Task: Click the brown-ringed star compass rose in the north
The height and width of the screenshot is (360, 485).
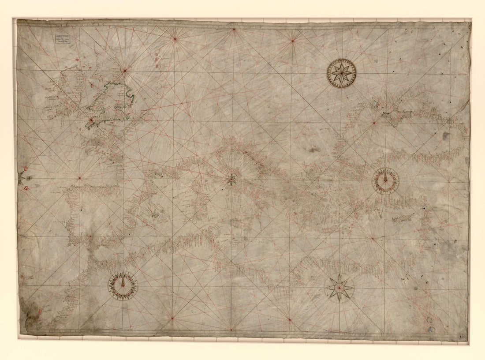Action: pos(341,73)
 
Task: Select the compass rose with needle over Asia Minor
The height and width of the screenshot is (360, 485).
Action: pos(385,181)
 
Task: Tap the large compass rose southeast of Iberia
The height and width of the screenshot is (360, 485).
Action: pos(123,286)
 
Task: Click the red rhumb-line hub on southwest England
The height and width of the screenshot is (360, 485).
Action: pos(91,119)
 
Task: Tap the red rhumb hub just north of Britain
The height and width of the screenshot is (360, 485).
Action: pos(125,70)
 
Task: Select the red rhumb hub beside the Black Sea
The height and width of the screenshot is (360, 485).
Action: pos(374,123)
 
